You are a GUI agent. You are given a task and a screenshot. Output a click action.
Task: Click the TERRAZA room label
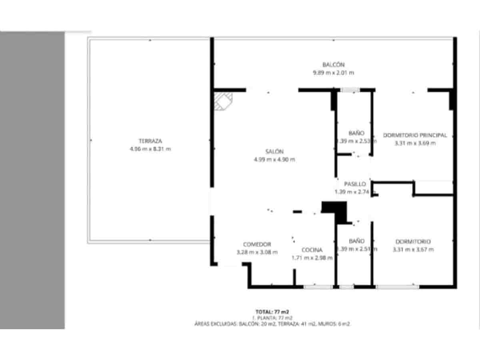coord(150,141)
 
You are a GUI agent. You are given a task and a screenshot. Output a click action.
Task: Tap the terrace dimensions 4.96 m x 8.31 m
coord(150,149)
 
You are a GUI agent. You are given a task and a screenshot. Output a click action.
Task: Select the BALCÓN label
coord(333,64)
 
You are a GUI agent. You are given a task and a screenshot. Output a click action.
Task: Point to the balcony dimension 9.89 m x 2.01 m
coord(333,72)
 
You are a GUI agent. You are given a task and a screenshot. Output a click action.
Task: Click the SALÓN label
coord(274,152)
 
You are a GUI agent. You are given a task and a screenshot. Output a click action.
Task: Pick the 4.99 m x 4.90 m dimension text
coord(274,160)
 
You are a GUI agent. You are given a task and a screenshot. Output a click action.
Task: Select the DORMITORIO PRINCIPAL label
coord(415,135)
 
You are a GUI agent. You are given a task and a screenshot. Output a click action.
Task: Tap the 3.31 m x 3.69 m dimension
coord(415,143)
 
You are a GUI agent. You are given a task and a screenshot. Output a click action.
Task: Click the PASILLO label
coord(355,184)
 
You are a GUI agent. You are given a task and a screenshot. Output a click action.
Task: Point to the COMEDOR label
coord(257,244)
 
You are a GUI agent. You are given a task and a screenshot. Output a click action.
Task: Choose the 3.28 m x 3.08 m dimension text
coord(257,252)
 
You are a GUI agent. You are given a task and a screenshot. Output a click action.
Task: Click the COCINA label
coord(312,250)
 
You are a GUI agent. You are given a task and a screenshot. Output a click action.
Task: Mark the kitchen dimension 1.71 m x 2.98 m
coord(312,258)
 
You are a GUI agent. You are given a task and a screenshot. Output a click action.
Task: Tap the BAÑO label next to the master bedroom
coord(356,133)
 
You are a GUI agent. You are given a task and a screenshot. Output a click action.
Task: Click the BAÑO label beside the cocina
coord(356,241)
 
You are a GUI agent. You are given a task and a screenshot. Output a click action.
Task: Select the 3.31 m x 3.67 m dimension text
coord(413,250)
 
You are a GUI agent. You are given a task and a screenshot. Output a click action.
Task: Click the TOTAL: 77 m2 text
coord(272,312)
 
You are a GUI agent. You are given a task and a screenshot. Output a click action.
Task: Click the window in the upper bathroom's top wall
coord(350,90)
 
